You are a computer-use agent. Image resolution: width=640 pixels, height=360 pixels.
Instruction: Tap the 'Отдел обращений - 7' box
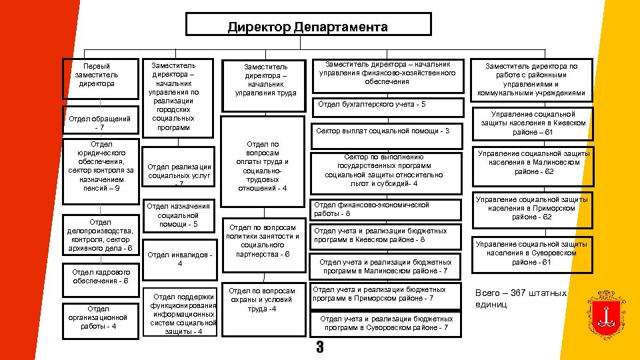click(x=100, y=123)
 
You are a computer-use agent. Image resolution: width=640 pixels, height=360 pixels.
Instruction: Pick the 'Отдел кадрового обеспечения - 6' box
click(x=100, y=276)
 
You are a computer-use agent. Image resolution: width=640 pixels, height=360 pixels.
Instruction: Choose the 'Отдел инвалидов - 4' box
click(x=180, y=259)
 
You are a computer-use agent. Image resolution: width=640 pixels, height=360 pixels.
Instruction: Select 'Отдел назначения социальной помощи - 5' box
click(x=179, y=215)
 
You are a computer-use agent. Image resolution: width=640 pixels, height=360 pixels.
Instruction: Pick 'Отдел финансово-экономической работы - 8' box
click(x=385, y=209)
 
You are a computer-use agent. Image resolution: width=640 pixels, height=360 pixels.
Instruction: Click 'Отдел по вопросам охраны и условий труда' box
click(x=262, y=300)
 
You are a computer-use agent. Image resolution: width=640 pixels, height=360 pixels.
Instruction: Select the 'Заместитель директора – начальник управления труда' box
click(x=265, y=80)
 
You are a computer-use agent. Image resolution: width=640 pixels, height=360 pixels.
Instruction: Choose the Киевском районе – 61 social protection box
click(x=533, y=123)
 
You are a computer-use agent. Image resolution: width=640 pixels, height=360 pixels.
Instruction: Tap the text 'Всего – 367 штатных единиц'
click(x=520, y=298)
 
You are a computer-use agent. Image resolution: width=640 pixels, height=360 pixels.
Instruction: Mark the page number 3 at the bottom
click(x=319, y=347)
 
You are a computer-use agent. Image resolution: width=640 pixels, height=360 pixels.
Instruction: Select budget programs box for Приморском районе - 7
click(x=385, y=294)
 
